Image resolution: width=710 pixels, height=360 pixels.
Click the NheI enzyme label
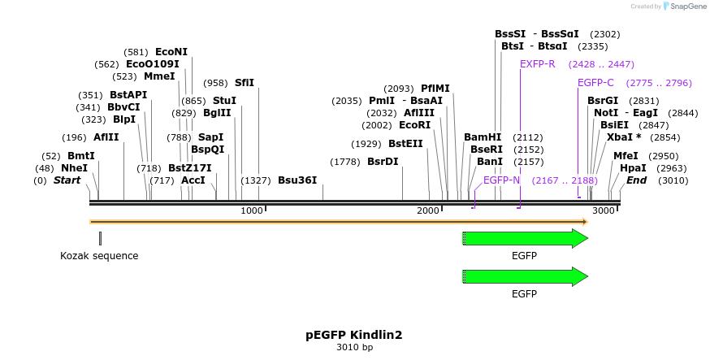74,168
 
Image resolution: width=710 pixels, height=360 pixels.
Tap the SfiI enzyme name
244,83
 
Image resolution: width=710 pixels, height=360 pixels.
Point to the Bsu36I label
297,180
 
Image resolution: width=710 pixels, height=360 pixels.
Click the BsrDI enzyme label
383,162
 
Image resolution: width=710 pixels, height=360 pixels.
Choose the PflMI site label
435,89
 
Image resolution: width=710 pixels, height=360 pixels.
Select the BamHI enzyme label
483,137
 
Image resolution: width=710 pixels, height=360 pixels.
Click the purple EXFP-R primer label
538,64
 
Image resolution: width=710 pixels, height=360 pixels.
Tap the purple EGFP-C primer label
595,83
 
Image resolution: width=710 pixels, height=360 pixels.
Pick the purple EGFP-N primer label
501,180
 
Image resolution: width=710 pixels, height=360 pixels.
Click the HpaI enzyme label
633,168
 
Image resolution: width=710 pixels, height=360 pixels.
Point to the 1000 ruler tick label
252,211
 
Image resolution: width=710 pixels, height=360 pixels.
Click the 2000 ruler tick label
428,211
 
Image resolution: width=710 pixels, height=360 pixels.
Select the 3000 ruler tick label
604,211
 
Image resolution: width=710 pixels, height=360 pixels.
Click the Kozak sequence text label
99,256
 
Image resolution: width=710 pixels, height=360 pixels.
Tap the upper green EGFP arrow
525,238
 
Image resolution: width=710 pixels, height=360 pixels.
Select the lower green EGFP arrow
525,276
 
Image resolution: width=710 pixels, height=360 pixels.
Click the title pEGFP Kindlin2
354,335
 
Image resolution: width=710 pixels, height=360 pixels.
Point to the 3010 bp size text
354,348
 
